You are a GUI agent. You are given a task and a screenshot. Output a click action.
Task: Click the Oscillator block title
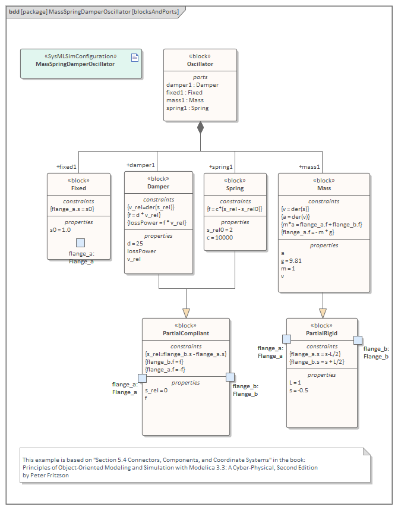pos(200,64)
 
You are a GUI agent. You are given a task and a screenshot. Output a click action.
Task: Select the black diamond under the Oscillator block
pos(200,127)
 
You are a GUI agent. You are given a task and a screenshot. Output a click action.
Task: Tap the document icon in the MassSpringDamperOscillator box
pos(134,57)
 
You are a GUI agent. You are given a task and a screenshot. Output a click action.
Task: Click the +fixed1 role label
pos(67,167)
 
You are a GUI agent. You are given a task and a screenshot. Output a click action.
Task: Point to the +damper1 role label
pos(141,165)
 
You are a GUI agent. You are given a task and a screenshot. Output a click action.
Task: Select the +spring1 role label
pos(221,167)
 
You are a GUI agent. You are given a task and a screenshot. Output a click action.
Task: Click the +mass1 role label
pos(309,167)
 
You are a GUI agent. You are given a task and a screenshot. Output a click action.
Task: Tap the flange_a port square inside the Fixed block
pos(80,243)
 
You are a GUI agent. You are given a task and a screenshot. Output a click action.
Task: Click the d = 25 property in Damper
pos(135,244)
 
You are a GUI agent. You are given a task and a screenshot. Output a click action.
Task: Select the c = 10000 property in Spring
pos(220,238)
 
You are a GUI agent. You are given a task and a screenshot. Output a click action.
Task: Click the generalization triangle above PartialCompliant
pos(186,313)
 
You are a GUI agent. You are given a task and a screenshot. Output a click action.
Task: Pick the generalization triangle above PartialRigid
pos(323,313)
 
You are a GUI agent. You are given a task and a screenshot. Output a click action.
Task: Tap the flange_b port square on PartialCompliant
pos(230,377)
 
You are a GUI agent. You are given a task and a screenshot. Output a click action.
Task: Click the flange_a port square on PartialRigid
pos(286,339)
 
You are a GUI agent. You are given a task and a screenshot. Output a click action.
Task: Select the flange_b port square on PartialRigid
pos(358,340)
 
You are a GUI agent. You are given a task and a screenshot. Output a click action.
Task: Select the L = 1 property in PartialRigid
pos(296,383)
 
